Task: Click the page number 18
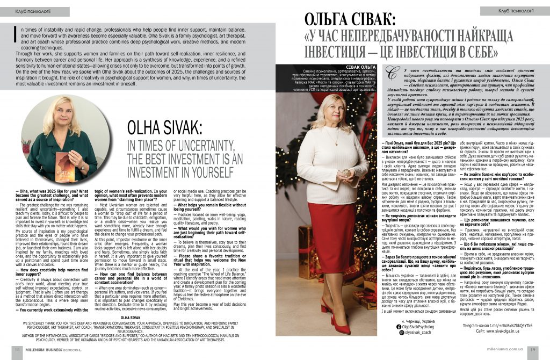[x=17, y=349]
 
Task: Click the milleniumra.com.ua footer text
[x=502, y=349]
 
